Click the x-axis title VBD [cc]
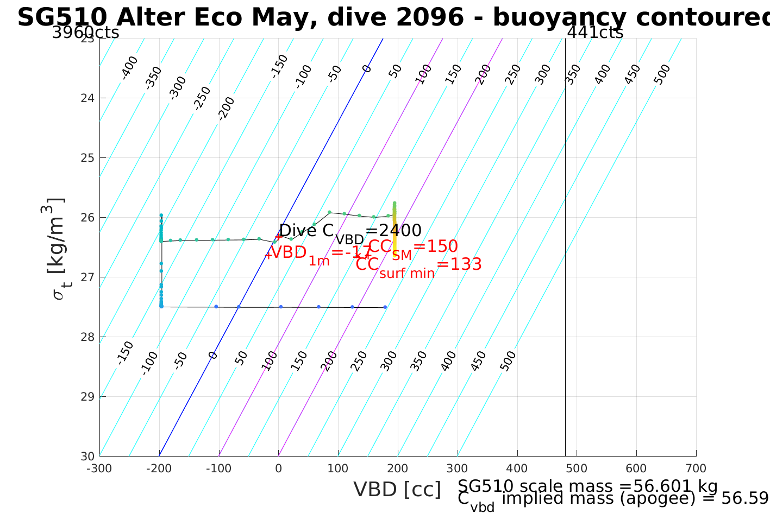[397, 490]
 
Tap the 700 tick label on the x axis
[696, 468]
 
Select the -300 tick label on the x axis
[99, 468]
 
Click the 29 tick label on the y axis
[87, 396]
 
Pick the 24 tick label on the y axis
[87, 98]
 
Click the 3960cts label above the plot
[85, 33]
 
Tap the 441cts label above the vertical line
[595, 33]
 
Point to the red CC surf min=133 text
[418, 265]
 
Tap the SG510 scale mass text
[587, 486]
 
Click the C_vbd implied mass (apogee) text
[613, 499]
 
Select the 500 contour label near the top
[662, 74]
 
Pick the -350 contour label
[154, 78]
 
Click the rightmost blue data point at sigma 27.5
[385, 307]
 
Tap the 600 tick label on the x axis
[636, 468]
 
